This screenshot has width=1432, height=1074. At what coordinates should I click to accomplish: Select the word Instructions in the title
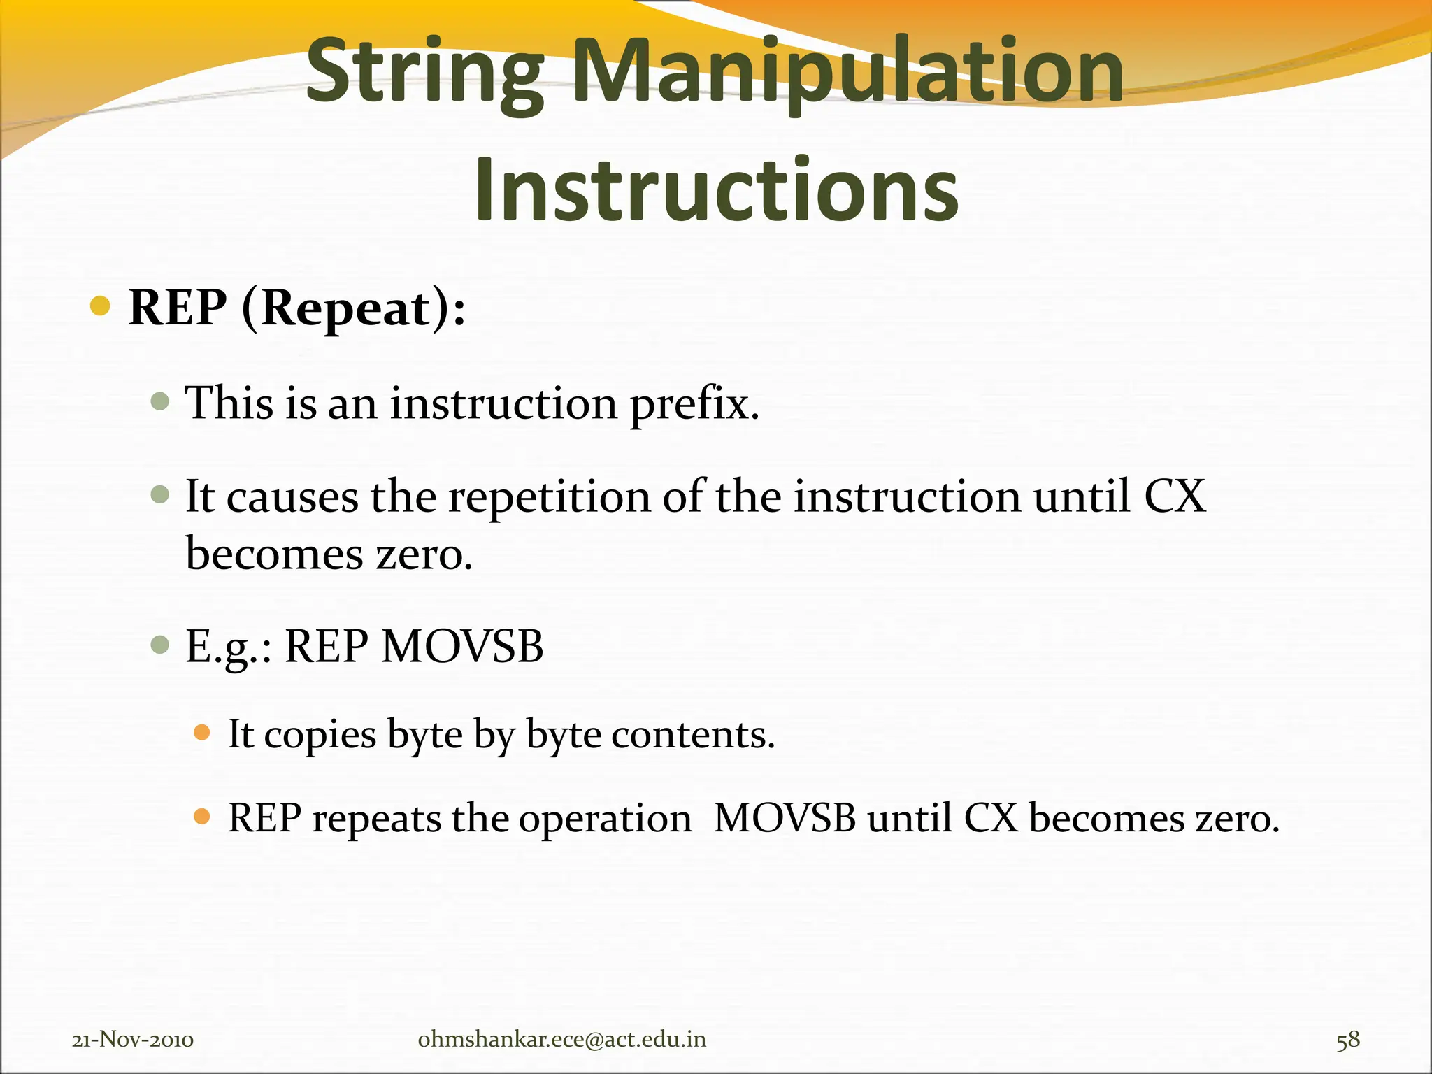[x=716, y=189]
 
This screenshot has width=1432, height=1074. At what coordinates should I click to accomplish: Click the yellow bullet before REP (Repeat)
[x=101, y=306]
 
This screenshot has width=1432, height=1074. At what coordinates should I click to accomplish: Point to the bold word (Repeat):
[x=353, y=308]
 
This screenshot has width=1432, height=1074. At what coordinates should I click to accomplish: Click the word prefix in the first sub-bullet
[x=694, y=404]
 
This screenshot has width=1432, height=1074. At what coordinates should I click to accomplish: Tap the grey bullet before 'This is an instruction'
[x=160, y=401]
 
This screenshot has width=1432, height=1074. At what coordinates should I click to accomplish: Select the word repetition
[x=550, y=496]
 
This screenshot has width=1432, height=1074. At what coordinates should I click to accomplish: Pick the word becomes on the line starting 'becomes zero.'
[x=274, y=554]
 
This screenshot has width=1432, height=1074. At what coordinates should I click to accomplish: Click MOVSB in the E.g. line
[x=462, y=646]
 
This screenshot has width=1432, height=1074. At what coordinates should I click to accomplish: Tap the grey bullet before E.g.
[x=160, y=644]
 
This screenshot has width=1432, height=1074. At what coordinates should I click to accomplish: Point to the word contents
[x=693, y=735]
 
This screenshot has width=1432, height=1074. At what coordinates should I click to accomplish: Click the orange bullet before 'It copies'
[x=202, y=733]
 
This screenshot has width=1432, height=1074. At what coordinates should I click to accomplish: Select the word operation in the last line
[x=605, y=818]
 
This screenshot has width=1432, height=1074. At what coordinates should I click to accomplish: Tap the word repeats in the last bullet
[x=376, y=818]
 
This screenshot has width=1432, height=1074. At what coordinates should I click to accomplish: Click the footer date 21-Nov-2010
[x=133, y=1040]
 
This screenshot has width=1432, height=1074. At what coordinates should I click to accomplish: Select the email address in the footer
[x=561, y=1040]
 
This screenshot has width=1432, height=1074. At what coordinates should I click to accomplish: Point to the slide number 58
[x=1348, y=1040]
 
